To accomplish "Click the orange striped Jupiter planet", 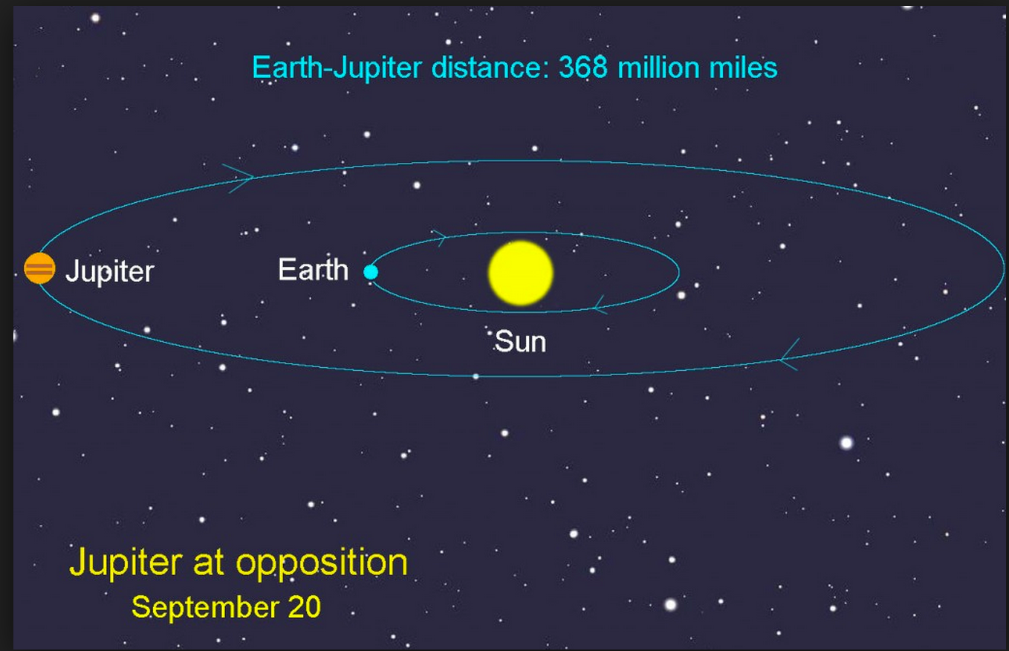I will point(39,268).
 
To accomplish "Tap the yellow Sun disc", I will point(520,273).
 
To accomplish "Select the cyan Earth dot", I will point(371,272).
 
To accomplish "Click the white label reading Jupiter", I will point(109,271).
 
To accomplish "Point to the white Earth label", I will point(313,269).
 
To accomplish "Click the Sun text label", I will point(520,342).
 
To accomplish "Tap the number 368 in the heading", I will point(584,68).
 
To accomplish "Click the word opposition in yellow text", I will point(322,563).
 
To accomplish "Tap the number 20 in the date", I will point(303,607).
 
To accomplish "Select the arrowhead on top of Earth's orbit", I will point(439,238).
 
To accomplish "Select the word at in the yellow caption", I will point(207,563).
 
